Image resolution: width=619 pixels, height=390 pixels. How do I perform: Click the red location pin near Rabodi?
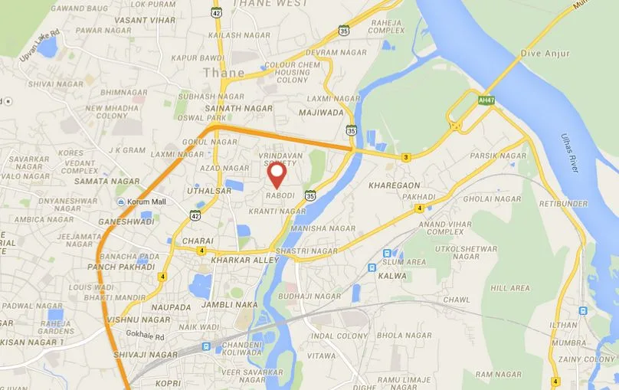(x=277, y=174)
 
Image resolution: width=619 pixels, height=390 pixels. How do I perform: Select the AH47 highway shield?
(x=486, y=100)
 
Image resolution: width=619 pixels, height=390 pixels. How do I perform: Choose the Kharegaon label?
(x=394, y=185)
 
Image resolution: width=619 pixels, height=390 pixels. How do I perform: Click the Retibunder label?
(x=563, y=204)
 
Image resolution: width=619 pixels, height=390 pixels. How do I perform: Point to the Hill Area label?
(x=509, y=288)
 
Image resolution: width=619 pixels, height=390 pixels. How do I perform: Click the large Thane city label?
(x=224, y=74)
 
